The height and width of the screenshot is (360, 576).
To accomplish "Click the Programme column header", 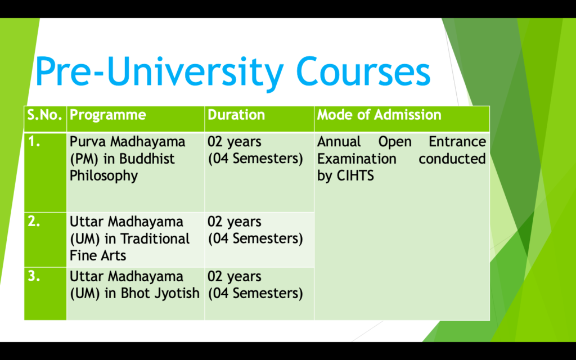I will point(107,115).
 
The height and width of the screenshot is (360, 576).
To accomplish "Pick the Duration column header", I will point(236,115).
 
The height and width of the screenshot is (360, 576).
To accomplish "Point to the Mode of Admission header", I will point(379,115).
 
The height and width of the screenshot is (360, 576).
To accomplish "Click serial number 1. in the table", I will point(34,142).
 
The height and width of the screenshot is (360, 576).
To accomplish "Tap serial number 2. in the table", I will point(34,221).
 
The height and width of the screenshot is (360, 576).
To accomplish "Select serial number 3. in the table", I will point(34,277).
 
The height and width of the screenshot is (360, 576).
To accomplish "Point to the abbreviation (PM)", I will point(84,159).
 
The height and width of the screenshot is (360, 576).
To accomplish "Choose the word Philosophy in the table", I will point(103,175).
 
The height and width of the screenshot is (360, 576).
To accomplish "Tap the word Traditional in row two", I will point(155,238).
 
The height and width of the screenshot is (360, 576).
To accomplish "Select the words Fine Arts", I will point(98,255).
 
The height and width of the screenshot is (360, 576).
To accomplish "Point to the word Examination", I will point(357,159).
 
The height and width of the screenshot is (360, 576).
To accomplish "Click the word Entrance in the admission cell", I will point(457,142).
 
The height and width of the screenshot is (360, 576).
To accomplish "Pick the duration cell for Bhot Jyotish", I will point(255,285).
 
